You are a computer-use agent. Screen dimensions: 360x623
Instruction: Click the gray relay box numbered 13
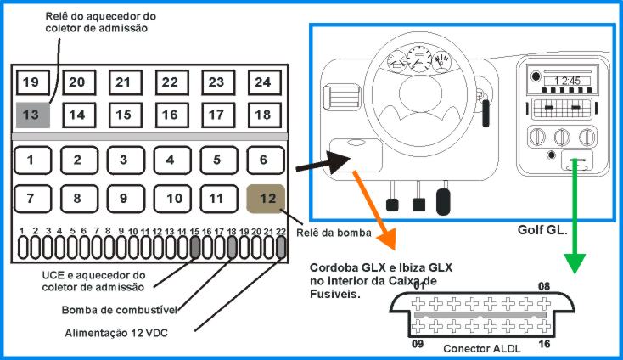pyautogui.click(x=31, y=115)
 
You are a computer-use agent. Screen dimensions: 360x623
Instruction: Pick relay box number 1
pyautogui.click(x=31, y=159)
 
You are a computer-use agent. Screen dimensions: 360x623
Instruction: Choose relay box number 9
pyautogui.click(x=123, y=198)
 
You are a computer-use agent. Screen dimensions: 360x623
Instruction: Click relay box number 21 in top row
pyautogui.click(x=124, y=82)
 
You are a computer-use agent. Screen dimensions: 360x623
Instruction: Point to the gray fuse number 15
pyautogui.click(x=194, y=246)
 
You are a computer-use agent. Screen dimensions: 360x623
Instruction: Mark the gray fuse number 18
pyautogui.click(x=231, y=246)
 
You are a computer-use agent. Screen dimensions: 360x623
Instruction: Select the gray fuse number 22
pyautogui.click(x=280, y=246)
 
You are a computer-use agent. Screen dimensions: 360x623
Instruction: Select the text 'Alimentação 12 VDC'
pyautogui.click(x=116, y=333)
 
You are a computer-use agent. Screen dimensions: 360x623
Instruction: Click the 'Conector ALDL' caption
pyautogui.click(x=482, y=349)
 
